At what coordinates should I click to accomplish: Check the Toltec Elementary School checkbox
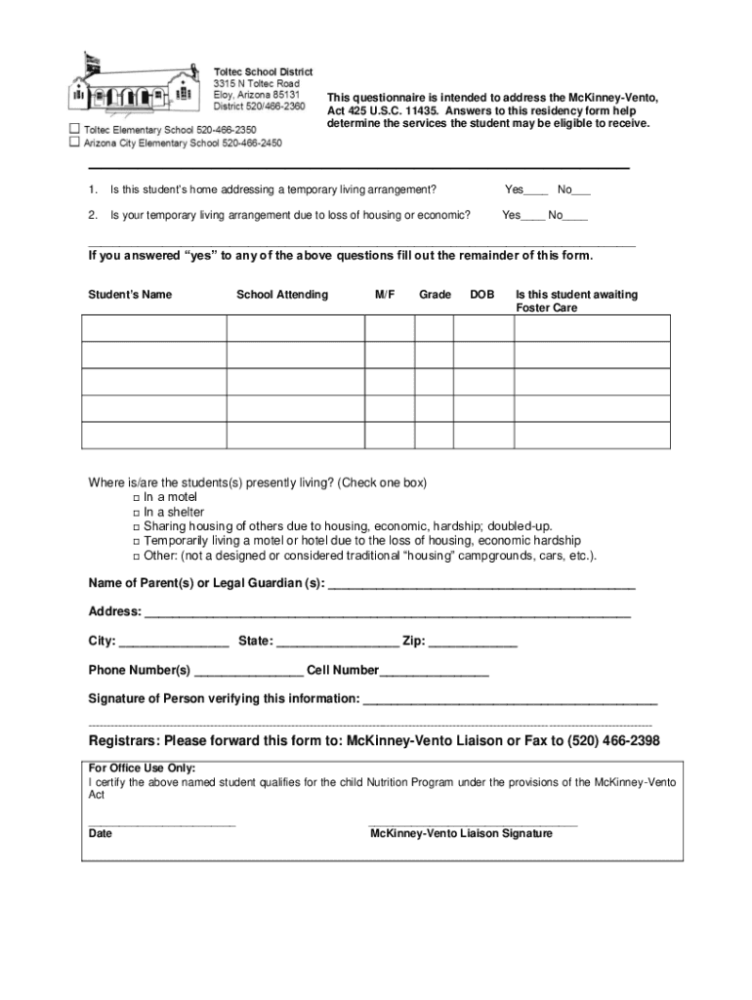click(74, 129)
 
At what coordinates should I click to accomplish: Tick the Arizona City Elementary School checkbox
click(74, 142)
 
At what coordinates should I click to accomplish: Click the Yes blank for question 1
click(536, 191)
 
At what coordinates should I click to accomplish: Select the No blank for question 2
click(575, 217)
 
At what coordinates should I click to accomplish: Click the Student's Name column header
click(130, 295)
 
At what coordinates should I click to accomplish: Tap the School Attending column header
click(282, 295)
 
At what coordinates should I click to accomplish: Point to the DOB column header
click(481, 295)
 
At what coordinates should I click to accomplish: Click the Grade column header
click(435, 295)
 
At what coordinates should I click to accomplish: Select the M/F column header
click(385, 295)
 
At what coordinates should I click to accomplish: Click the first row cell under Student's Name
click(154, 328)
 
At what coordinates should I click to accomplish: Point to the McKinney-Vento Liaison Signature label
click(461, 834)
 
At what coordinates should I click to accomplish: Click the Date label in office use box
click(101, 834)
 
